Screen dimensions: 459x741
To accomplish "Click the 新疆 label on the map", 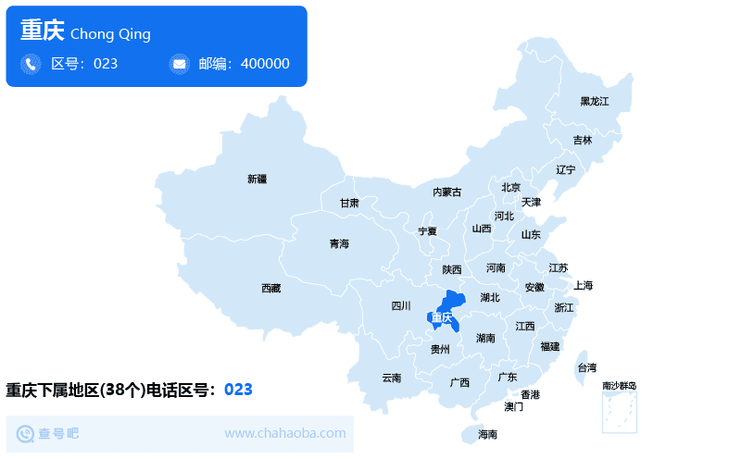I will (x=257, y=179).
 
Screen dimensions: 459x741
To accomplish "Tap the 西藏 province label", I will (x=270, y=289).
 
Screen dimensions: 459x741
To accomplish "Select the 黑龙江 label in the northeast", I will (x=595, y=101).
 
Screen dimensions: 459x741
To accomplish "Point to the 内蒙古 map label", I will (x=446, y=192).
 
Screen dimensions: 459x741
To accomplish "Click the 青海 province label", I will (x=339, y=244).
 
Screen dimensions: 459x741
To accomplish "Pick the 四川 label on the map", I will (x=400, y=306).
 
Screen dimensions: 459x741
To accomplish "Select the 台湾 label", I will (x=587, y=368).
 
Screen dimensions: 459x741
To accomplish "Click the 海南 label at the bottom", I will (x=487, y=434).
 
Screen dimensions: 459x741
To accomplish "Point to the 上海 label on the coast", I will (x=583, y=285).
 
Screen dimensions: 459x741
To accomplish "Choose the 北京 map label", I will (x=511, y=188).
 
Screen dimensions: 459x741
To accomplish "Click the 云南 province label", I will (x=392, y=378).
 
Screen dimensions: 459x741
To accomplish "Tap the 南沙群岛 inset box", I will (x=620, y=412).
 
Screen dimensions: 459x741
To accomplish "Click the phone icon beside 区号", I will (x=31, y=64).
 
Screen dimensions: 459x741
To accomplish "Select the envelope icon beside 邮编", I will (x=179, y=64).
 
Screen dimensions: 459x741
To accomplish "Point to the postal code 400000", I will (x=265, y=64).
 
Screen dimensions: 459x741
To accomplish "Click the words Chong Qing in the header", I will (x=110, y=34).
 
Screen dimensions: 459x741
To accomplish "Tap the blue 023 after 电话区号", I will (x=238, y=390).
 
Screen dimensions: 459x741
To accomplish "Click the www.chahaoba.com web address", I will (x=285, y=433).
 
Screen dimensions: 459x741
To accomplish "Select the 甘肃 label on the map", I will (x=349, y=203).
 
